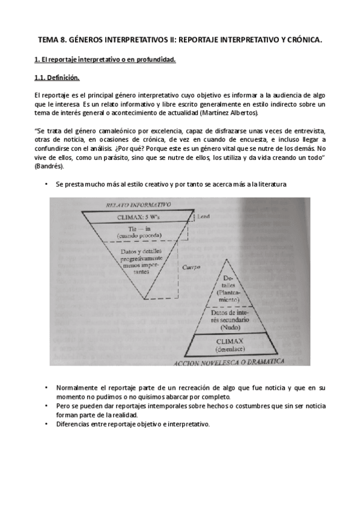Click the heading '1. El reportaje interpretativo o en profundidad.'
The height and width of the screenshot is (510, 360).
click(105, 59)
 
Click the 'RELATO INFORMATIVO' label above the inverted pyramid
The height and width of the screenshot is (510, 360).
click(138, 205)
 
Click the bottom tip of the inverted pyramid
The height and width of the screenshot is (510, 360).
click(144, 299)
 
